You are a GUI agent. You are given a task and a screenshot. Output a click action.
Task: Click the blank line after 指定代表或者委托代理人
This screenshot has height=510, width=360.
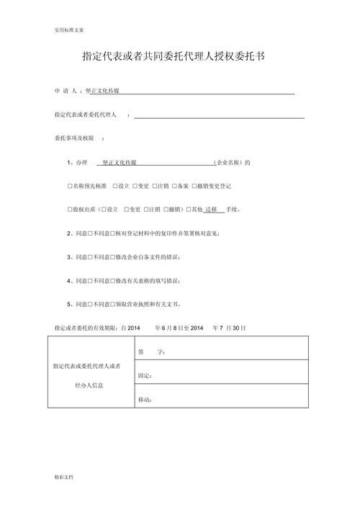tap(219, 115)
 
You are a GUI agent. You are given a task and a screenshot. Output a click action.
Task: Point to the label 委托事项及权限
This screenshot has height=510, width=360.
tap(74, 138)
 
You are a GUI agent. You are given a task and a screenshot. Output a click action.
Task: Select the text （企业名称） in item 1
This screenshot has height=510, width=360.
tap(228, 163)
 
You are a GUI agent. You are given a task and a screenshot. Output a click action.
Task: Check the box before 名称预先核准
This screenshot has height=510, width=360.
tap(70, 186)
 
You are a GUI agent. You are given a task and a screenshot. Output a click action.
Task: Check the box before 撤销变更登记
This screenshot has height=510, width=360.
tap(194, 186)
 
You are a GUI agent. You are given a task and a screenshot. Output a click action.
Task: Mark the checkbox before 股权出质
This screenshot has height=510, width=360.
tap(70, 210)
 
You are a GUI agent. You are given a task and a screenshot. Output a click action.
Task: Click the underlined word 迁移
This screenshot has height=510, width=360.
tap(210, 210)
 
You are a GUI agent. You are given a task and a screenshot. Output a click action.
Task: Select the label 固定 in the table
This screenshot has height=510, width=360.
tap(144, 376)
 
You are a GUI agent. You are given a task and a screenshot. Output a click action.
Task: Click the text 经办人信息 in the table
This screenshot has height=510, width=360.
tap(89, 385)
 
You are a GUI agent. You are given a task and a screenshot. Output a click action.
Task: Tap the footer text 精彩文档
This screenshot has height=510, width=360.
tap(63, 478)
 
